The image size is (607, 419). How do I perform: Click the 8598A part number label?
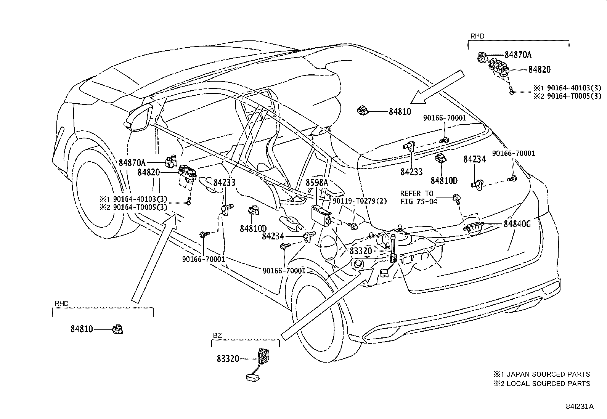(x=316, y=183)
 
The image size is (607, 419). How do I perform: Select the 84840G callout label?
(x=517, y=224)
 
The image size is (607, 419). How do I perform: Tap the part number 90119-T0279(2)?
(x=360, y=201)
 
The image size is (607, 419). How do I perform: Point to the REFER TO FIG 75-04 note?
(x=418, y=197)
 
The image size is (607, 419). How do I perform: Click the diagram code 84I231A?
(x=580, y=406)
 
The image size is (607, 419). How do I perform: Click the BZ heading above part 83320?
(x=217, y=335)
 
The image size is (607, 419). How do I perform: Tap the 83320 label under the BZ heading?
(x=228, y=359)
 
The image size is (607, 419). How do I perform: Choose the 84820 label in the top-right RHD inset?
(x=540, y=70)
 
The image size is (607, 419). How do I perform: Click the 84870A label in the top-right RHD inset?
(x=518, y=55)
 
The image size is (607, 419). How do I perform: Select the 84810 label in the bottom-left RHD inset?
(x=82, y=329)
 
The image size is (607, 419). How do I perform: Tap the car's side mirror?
(x=139, y=117)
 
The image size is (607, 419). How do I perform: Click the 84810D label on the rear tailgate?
(x=444, y=180)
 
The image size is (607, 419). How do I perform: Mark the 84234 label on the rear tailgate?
(x=474, y=159)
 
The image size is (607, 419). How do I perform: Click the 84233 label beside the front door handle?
(x=224, y=182)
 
